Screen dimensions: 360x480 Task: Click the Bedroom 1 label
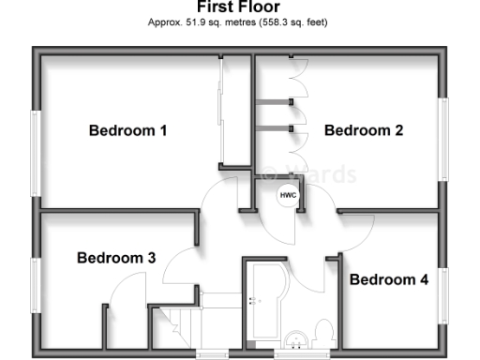(x=127, y=130)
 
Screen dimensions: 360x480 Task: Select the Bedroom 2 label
(x=364, y=130)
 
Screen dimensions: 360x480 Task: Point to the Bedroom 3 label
(x=115, y=257)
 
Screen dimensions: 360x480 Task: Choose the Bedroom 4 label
(x=389, y=279)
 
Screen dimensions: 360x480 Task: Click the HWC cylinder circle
(x=285, y=196)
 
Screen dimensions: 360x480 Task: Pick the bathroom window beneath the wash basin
(x=299, y=354)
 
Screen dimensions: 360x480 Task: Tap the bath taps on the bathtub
(x=251, y=301)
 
